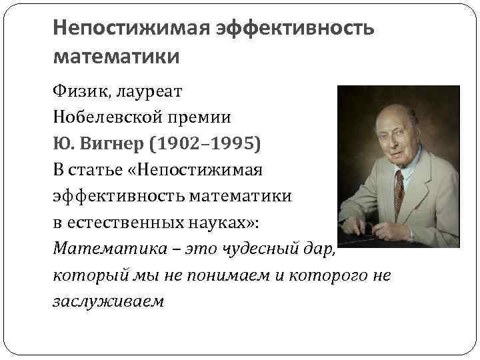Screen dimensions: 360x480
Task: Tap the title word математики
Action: coord(116,57)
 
